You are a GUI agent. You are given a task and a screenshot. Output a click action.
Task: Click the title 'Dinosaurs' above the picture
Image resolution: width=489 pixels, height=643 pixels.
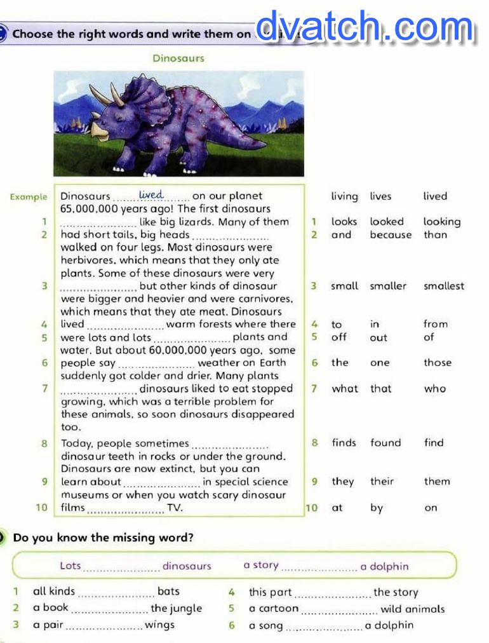178,58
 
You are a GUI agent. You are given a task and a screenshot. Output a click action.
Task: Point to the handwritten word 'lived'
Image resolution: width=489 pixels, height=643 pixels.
151,194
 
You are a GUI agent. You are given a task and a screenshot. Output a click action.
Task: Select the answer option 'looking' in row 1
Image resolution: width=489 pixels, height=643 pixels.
442,222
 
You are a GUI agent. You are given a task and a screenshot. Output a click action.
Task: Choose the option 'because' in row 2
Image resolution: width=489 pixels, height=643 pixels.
391,234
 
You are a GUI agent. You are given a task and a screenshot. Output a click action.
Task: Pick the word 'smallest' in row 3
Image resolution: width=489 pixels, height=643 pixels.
444,286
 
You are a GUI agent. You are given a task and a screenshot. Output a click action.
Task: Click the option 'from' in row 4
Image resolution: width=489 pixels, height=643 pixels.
436,324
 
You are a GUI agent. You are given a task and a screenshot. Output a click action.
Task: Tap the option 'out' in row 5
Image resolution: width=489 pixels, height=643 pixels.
378,337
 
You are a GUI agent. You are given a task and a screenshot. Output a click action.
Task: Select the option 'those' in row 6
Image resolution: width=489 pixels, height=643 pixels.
438,363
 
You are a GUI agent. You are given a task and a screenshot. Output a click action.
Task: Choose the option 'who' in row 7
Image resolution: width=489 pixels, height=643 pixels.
435,389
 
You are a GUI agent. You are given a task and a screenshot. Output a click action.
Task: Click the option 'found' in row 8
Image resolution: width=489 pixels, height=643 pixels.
385,443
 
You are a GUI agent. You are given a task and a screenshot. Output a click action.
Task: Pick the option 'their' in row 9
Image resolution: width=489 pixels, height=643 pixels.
382,482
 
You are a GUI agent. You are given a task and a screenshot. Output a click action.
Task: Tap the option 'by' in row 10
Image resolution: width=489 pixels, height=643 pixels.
377,508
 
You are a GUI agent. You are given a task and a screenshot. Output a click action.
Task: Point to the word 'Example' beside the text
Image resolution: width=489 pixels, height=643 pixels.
29,197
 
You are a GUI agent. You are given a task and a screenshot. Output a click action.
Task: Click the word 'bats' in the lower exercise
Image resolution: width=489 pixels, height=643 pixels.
168,592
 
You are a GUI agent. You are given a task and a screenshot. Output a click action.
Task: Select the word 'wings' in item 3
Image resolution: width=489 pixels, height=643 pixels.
159,625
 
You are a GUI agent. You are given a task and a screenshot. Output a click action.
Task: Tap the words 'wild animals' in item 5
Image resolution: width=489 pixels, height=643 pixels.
413,609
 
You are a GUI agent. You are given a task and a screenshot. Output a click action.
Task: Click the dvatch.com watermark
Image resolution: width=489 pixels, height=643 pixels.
365,29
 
